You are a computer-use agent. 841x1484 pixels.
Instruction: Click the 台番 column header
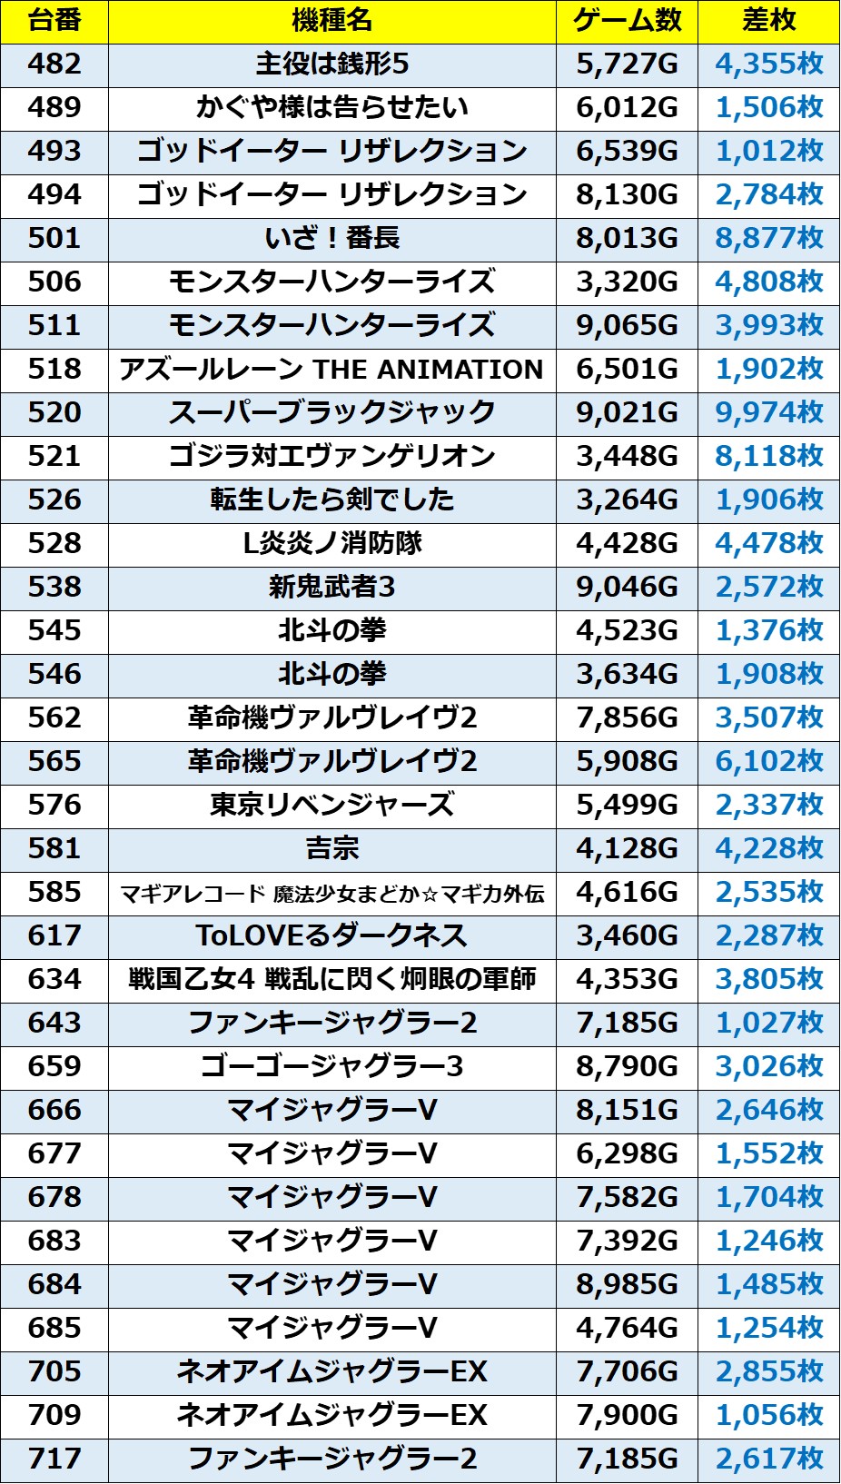pos(54,21)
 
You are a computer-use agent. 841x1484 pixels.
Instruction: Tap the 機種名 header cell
pos(331,21)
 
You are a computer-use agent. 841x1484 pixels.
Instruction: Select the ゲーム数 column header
pos(627,21)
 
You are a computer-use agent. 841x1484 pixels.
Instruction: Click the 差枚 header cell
pos(768,21)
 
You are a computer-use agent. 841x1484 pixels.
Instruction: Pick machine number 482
pos(54,64)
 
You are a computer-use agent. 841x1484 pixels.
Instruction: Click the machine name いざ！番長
pos(331,238)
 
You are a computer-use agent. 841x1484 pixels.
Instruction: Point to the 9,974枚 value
pos(768,412)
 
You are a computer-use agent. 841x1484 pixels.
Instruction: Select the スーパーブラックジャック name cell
pos(331,412)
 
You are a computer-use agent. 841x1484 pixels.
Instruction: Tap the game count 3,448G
pos(627,456)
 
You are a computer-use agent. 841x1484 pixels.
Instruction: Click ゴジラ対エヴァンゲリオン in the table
pos(331,456)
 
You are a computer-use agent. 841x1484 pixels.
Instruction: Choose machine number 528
pos(54,543)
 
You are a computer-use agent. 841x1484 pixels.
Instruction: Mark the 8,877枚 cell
pos(768,238)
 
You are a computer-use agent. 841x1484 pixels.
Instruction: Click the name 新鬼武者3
pos(331,587)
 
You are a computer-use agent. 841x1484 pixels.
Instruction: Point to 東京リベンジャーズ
pos(331,805)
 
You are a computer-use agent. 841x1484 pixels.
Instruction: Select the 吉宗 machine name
pos(331,848)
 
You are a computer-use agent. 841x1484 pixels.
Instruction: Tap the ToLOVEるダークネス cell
pos(331,935)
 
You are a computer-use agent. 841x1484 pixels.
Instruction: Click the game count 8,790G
pos(627,1066)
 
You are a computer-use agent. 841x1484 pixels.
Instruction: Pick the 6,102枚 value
pos(768,761)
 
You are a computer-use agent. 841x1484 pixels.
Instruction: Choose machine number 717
pos(54,1459)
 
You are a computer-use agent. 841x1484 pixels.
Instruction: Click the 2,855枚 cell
pos(768,1371)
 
